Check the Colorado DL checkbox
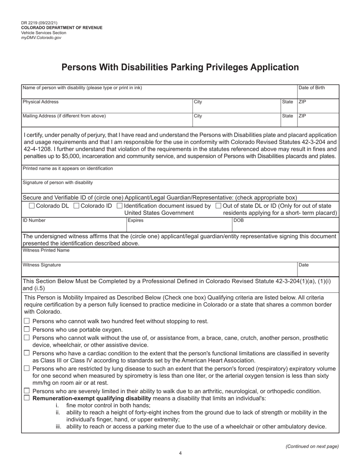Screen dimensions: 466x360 32,206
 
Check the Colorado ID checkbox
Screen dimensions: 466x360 76,206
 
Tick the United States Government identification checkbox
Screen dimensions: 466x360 120,206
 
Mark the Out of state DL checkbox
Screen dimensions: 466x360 218,206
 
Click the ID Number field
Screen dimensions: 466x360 74,224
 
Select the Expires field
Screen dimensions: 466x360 178,224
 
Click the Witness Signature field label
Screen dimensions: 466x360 42,265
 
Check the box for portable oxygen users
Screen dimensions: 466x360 27,329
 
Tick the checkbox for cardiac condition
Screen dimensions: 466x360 27,353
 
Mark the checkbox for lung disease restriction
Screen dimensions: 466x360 27,368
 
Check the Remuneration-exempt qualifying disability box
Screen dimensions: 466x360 27,398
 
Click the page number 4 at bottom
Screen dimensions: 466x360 180,453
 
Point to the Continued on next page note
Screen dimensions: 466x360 312,446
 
